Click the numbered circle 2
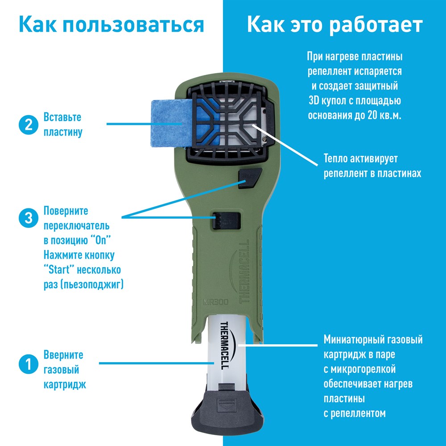[29, 125]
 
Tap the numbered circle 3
[29, 218]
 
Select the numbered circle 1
[29, 364]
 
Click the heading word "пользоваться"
[133, 25]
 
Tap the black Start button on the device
[250, 178]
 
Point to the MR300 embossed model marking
[215, 301]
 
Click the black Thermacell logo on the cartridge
[227, 345]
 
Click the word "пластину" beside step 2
[63, 132]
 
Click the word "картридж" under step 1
[65, 385]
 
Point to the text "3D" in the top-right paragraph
[314, 100]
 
